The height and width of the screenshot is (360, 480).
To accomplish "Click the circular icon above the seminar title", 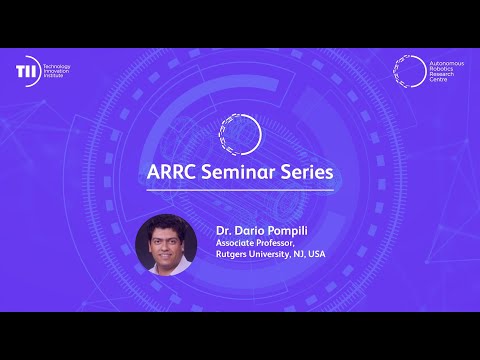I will [x=240, y=130].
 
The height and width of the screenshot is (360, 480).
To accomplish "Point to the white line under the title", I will [x=240, y=190].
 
